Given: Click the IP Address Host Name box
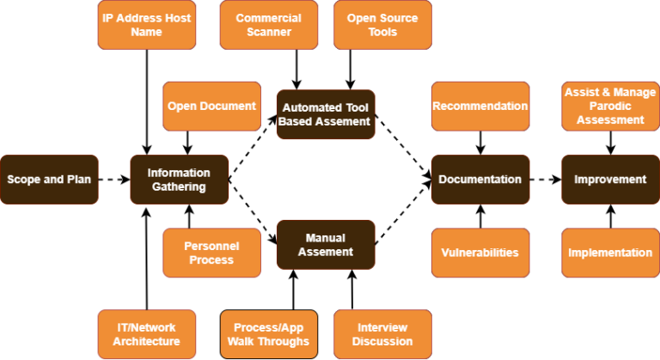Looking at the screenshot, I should click(x=146, y=25).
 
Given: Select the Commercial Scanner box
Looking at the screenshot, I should click(x=269, y=25).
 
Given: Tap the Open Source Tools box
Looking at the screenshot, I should click(x=382, y=25).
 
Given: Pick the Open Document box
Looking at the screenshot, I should click(x=211, y=107).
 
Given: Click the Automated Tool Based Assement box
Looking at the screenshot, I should click(x=325, y=114).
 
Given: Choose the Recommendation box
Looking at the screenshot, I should click(x=480, y=107).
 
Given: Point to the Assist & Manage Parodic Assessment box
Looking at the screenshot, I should click(x=610, y=107).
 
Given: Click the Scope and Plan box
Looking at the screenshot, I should click(x=49, y=180).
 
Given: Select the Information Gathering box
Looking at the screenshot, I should click(x=179, y=180).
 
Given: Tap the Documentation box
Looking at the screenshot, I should click(x=480, y=180).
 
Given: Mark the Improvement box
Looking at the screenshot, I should click(x=610, y=180).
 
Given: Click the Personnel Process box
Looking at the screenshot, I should click(x=211, y=253).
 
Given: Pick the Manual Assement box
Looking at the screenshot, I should click(x=325, y=245).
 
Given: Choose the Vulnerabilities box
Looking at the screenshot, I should click(x=480, y=253).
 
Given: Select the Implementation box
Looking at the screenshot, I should click(x=610, y=253).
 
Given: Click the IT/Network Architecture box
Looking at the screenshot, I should click(x=146, y=334).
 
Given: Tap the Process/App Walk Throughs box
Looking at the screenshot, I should click(x=269, y=334).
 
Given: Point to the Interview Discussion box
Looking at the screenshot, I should click(x=382, y=334).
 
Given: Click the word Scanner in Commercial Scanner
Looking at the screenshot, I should click(x=269, y=33).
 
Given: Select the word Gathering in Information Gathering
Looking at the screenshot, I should click(x=179, y=187).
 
